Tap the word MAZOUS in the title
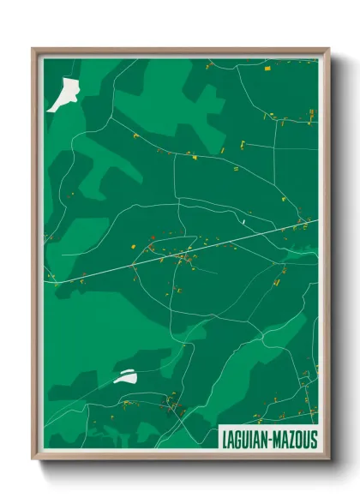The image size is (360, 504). tap(295, 440)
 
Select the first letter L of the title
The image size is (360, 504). tap(224, 440)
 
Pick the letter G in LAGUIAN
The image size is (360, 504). tap(238, 440)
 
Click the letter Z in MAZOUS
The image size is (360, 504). tap(291, 440)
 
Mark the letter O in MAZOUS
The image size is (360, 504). tap(298, 440)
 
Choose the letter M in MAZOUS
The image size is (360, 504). tap(276, 440)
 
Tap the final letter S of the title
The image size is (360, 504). tap(313, 440)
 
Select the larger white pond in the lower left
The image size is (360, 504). tap(125, 377)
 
